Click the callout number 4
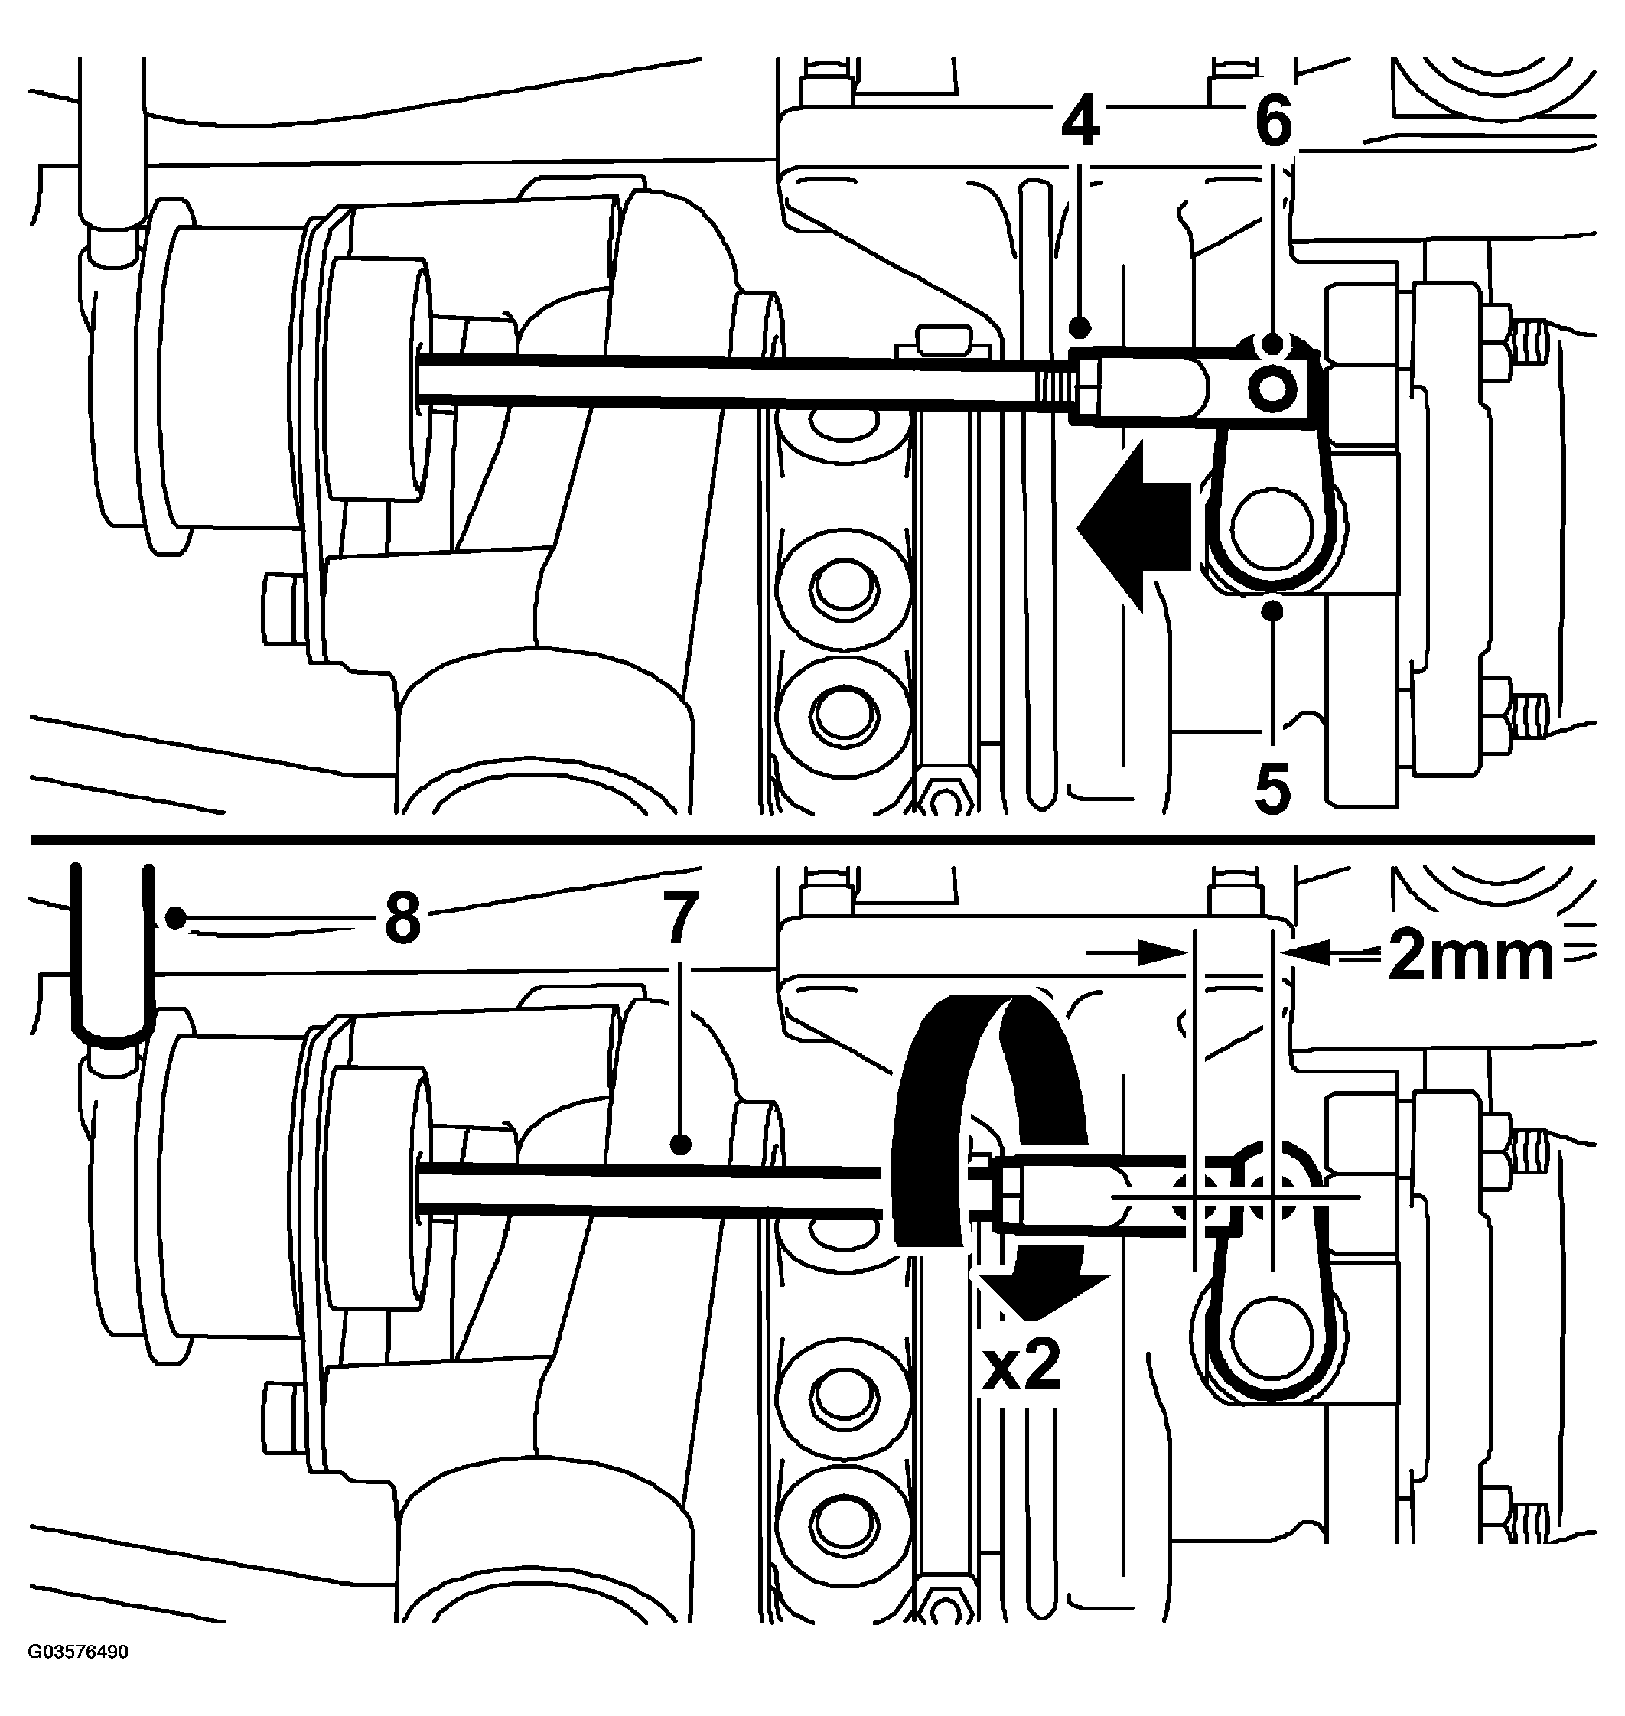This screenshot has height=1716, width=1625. click(x=1080, y=123)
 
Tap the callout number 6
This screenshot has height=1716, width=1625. click(x=1272, y=123)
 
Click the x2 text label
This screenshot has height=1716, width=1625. click(x=1021, y=1369)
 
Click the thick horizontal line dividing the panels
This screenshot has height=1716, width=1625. click(x=812, y=839)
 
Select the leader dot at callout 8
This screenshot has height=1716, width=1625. click(x=177, y=917)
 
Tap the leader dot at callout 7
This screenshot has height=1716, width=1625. click(x=682, y=1145)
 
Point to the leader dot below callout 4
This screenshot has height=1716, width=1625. click(x=1080, y=327)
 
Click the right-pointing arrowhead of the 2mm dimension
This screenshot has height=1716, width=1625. click(x=1161, y=952)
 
